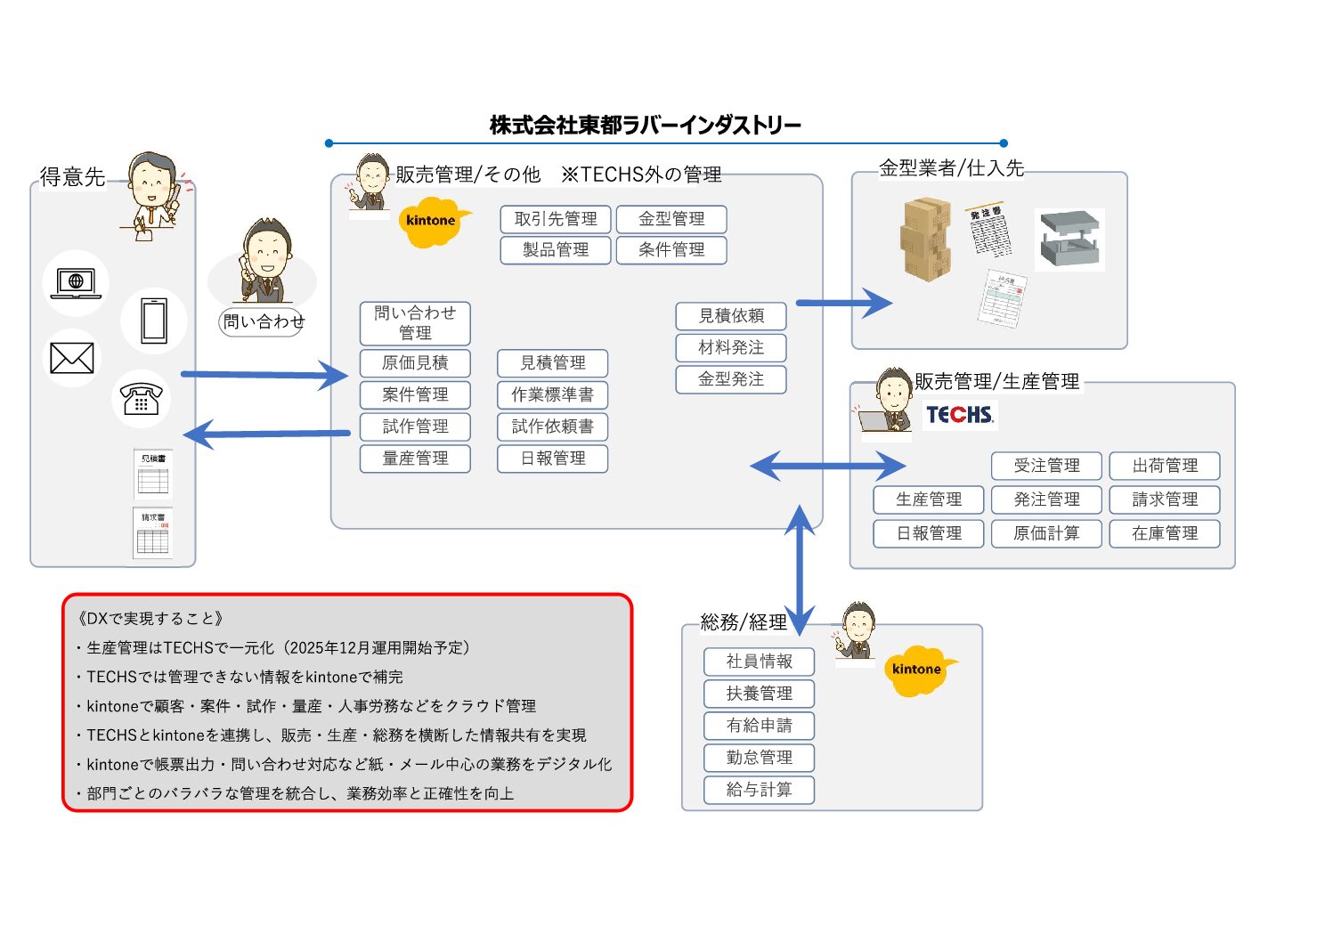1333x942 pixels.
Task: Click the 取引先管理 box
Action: (555, 219)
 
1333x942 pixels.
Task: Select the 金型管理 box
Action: (671, 219)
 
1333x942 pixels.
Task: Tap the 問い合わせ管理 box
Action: (415, 322)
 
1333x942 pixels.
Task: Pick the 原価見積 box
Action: (415, 363)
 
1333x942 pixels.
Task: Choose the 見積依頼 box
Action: (731, 316)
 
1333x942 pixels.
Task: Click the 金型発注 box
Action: (731, 379)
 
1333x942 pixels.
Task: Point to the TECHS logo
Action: (959, 415)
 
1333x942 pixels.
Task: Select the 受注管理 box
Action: (1046, 466)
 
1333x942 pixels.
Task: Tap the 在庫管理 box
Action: (1164, 533)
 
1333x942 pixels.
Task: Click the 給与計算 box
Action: (759, 790)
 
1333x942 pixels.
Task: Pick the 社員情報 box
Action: (759, 662)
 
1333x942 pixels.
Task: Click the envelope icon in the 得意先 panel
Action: (72, 358)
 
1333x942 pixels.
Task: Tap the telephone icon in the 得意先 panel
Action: (141, 398)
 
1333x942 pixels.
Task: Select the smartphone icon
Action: (154, 321)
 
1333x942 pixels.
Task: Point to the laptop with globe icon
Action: (76, 283)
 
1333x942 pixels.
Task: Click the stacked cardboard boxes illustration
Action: (926, 240)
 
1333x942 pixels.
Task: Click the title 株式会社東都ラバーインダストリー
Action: (645, 126)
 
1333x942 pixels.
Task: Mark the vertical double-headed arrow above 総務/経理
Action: (800, 570)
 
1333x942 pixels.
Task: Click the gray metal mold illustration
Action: (1070, 239)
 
